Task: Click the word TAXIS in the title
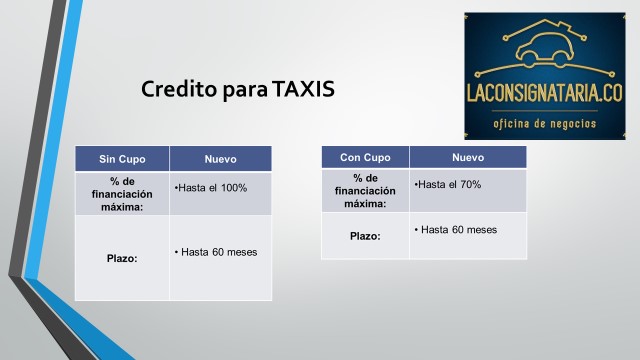[x=303, y=89]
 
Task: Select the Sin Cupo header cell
[x=122, y=159]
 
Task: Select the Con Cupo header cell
[x=365, y=157]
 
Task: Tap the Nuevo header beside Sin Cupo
[x=220, y=159]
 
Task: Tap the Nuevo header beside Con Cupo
[x=468, y=157]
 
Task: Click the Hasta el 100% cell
[x=220, y=193]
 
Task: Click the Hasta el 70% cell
[x=468, y=191]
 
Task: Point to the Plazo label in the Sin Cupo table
[x=122, y=258]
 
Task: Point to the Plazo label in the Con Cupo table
[x=365, y=236]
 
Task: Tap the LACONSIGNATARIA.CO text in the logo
[x=544, y=93]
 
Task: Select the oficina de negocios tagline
[x=544, y=123]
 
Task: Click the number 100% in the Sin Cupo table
[x=234, y=188]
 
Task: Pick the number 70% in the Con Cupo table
[x=470, y=184]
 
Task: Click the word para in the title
[x=245, y=91]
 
